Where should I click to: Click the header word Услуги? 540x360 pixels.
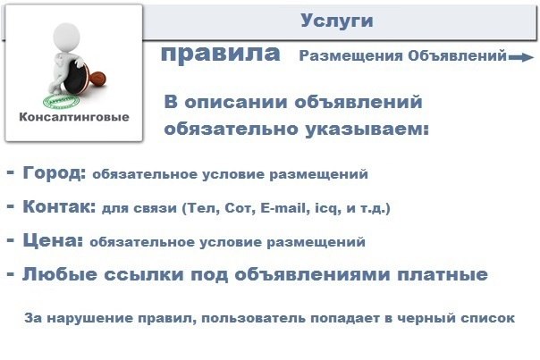337,21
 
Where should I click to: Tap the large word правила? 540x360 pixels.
221,54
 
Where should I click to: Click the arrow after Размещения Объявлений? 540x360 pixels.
521,57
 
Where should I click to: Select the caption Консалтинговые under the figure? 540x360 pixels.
74,117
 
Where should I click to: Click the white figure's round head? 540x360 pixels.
67,37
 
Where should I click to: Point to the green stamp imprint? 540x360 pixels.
62,101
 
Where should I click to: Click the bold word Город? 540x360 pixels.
54,172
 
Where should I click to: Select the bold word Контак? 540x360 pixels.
59,207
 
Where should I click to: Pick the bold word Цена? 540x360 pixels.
53,240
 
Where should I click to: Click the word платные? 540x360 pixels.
443,274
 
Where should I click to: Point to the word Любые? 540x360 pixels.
60,274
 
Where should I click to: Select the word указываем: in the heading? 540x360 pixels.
367,130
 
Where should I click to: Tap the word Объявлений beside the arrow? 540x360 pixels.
458,55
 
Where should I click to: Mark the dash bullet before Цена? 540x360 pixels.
11,240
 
